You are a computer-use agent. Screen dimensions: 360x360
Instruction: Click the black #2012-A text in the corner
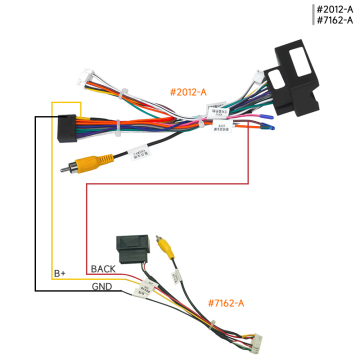coord(336,9)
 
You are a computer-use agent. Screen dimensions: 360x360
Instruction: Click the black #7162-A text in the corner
coord(336,21)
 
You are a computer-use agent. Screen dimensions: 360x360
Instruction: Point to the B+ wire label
coord(59,273)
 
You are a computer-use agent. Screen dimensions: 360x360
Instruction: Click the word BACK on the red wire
coord(103,269)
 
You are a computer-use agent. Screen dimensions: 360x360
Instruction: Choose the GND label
coord(103,287)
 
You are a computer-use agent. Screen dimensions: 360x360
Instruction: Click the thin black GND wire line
coord(37,200)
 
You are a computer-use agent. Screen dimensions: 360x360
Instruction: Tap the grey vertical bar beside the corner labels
coord(311,15)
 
